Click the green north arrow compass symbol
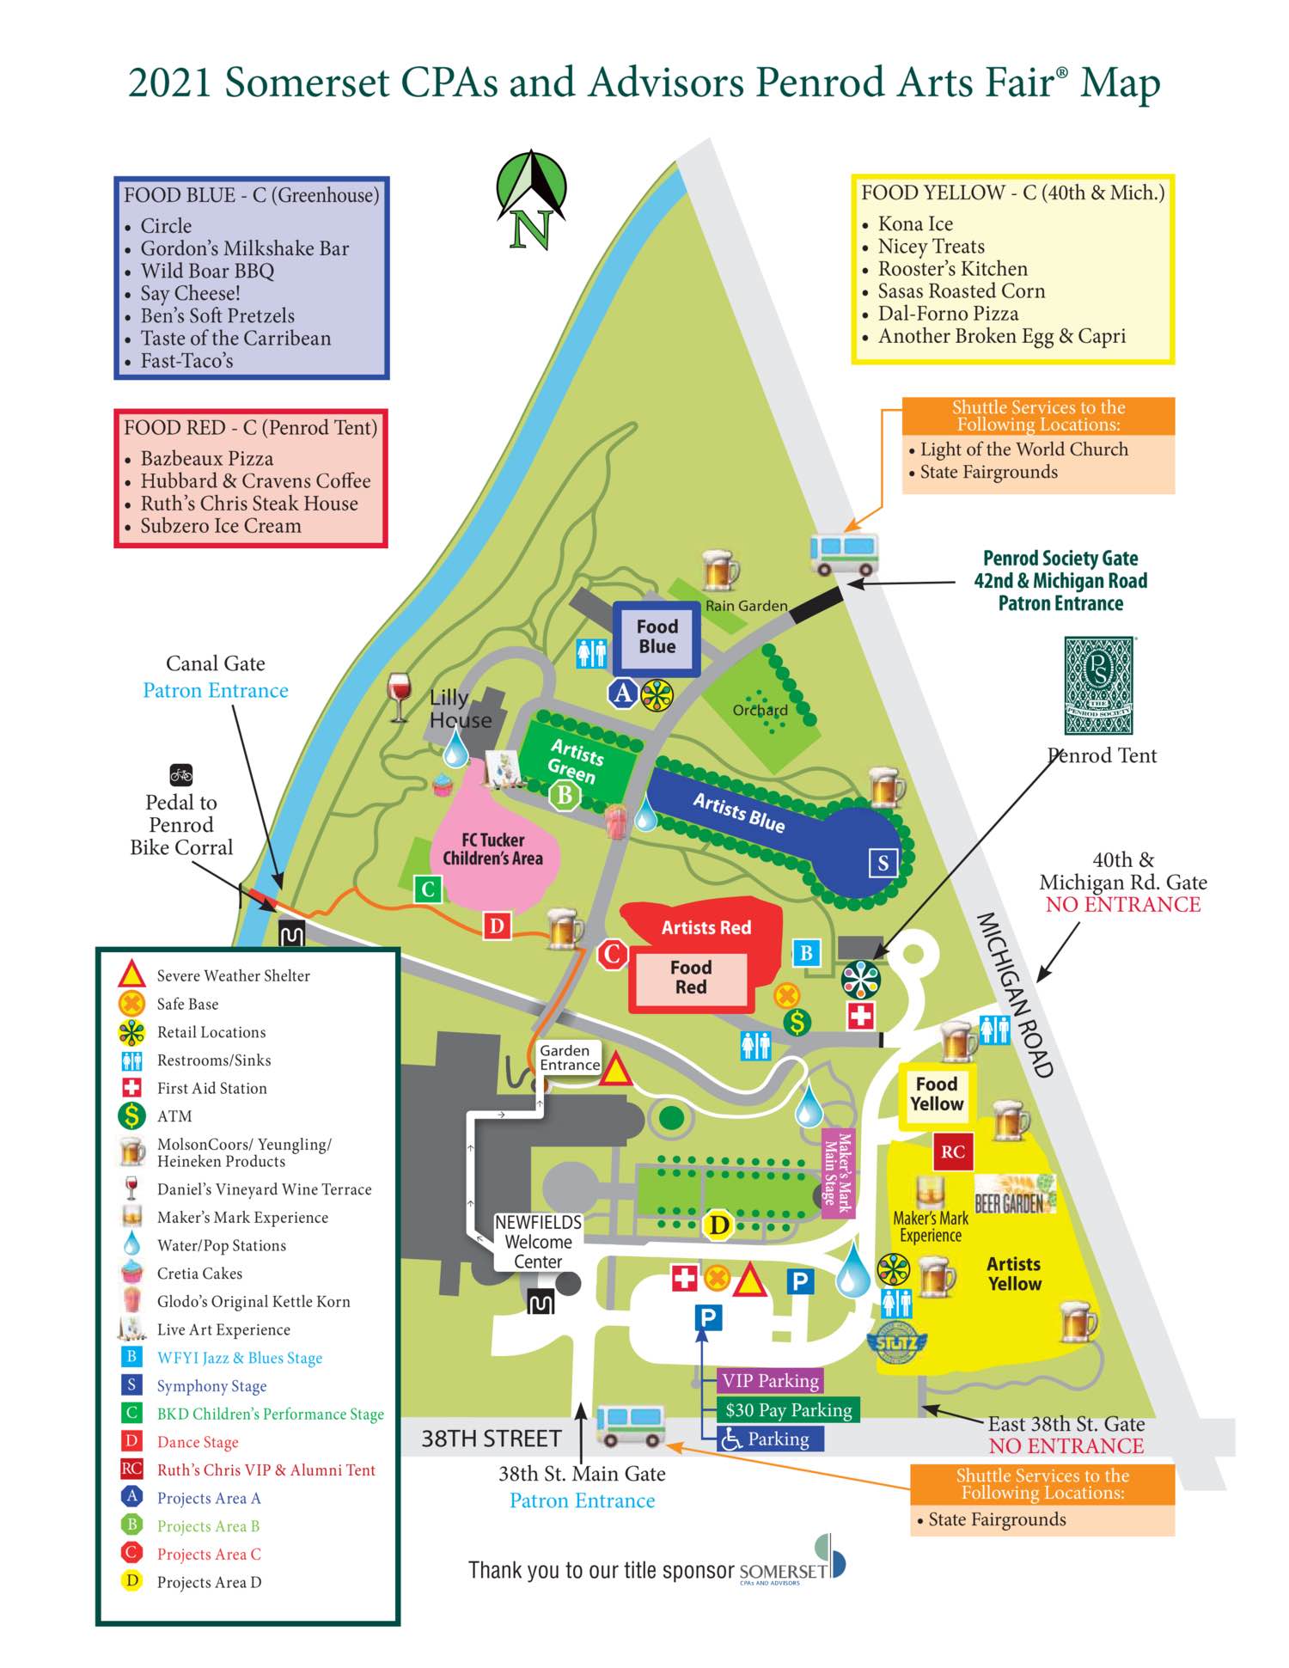531,199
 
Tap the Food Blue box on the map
657,637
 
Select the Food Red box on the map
691,978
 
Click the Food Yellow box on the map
936,1094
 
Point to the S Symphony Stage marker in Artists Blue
883,862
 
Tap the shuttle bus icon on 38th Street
631,1426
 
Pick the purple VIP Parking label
770,1380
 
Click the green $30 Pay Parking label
788,1409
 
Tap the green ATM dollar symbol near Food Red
798,1022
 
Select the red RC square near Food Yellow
952,1152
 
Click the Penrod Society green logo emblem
1098,685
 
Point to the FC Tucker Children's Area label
492,849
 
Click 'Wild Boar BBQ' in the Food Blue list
207,271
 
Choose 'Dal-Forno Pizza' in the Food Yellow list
948,314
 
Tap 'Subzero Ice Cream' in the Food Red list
220,526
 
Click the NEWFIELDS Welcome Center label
538,1242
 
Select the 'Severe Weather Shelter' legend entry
232,975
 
